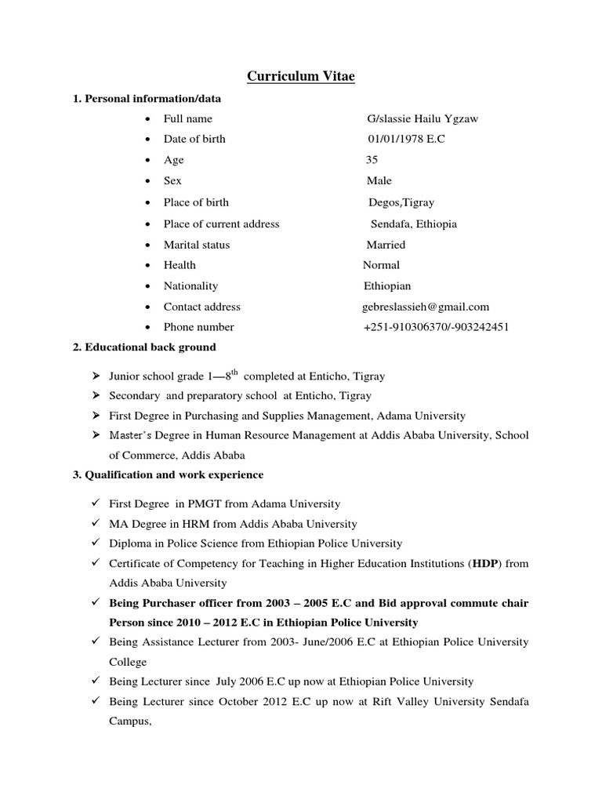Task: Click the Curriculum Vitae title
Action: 301,76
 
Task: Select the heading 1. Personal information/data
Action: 147,99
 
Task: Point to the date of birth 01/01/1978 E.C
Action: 407,139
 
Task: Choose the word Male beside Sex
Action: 379,181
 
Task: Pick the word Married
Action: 386,245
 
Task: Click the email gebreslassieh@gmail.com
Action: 426,307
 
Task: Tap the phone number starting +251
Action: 436,327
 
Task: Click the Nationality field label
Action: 190,285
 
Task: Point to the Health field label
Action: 180,265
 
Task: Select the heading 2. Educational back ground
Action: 144,347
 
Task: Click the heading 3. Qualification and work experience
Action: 169,475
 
